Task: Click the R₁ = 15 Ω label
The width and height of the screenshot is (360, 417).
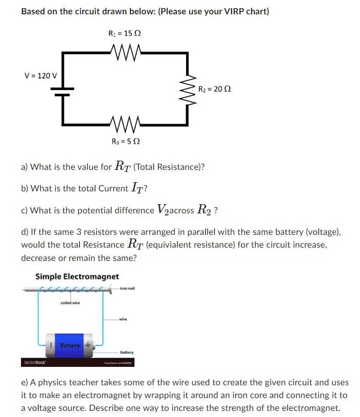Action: tap(125, 34)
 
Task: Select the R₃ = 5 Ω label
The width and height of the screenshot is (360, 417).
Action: tap(125, 141)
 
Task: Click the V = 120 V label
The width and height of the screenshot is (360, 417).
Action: tap(41, 76)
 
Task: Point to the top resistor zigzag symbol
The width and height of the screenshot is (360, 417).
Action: tap(125, 51)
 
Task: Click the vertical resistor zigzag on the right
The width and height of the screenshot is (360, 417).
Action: tap(187, 89)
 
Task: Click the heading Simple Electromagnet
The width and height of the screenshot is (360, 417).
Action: tap(77, 276)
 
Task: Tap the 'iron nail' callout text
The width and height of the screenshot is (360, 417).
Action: tap(127, 289)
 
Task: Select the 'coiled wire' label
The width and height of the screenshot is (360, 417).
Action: tap(70, 303)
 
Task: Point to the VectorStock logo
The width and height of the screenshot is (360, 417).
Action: tap(34, 363)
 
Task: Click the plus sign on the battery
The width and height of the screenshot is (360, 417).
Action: tap(87, 345)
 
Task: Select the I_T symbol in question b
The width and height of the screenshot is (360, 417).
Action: tap(137, 188)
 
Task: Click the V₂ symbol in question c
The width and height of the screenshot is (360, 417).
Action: tap(162, 210)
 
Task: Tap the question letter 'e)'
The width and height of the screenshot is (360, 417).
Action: tap(24, 382)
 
